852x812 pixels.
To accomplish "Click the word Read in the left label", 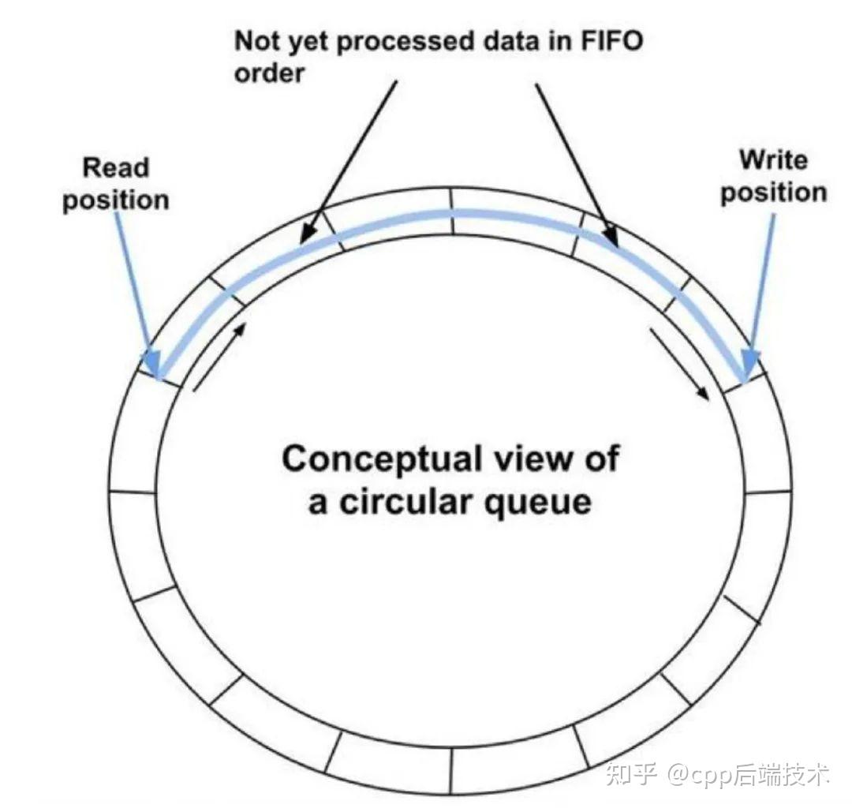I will click(116, 168).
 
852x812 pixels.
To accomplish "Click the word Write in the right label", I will click(773, 160).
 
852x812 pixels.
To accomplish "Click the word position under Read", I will click(116, 199).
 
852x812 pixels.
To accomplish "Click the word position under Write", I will click(773, 193).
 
